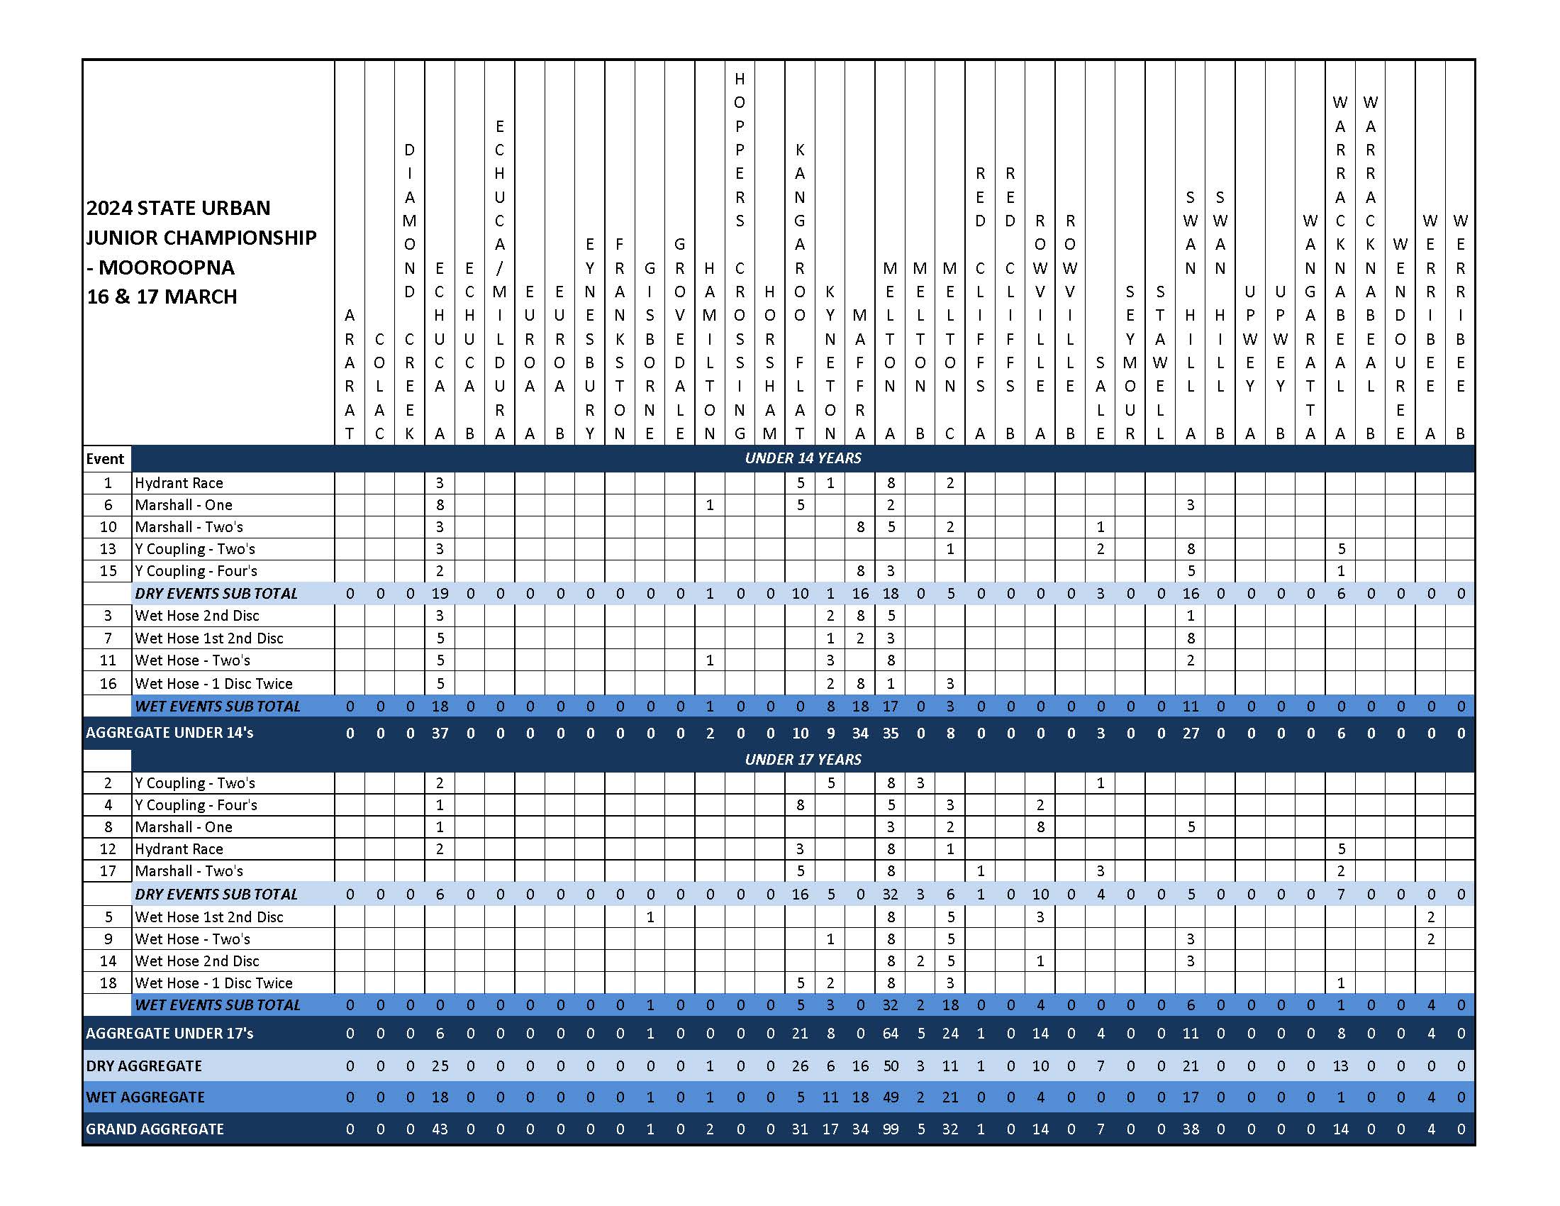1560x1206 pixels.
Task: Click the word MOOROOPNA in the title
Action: click(x=166, y=267)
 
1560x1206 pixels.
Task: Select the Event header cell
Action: click(x=105, y=459)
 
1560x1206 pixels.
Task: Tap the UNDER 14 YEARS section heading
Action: click(x=803, y=458)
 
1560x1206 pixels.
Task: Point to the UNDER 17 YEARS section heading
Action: click(x=803, y=760)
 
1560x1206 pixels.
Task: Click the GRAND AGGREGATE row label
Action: click(x=155, y=1129)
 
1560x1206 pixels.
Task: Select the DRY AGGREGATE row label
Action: click(x=143, y=1066)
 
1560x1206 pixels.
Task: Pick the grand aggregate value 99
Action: click(x=890, y=1129)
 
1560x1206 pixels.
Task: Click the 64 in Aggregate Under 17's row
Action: click(x=890, y=1033)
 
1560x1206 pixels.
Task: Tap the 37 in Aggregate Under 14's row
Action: click(x=440, y=733)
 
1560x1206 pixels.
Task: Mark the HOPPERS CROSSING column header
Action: click(x=740, y=258)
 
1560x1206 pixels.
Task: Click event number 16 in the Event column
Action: click(x=108, y=683)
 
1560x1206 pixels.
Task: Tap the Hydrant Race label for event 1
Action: click(x=179, y=483)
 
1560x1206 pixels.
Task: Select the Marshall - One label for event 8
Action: click(x=184, y=826)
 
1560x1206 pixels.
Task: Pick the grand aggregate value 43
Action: click(x=440, y=1129)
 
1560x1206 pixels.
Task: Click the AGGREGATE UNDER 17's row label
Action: click(x=169, y=1033)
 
